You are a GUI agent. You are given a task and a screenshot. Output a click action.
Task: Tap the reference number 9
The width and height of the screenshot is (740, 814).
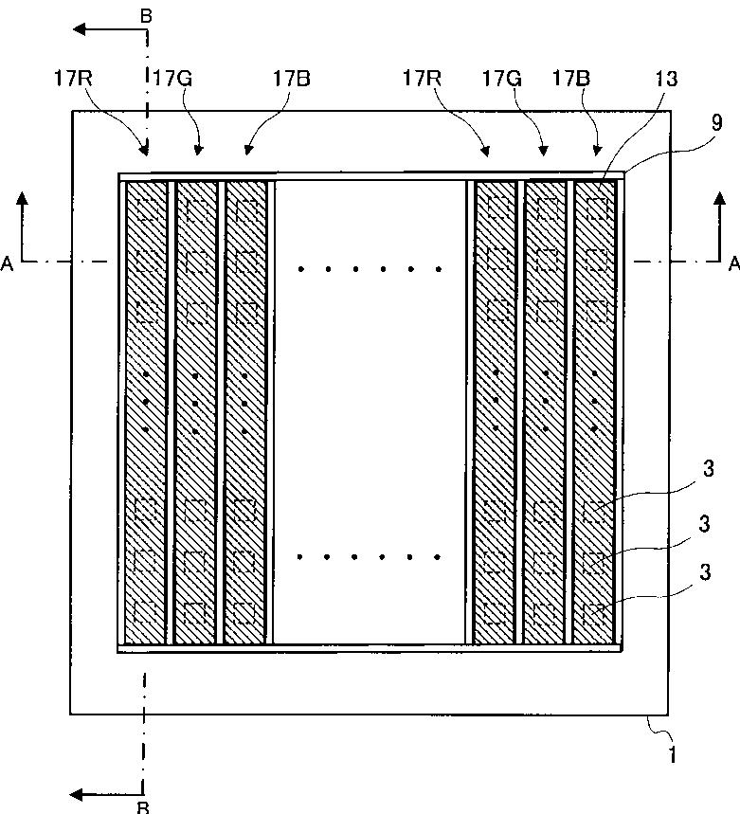click(716, 121)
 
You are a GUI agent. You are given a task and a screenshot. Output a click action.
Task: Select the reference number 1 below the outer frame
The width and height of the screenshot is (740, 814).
click(674, 755)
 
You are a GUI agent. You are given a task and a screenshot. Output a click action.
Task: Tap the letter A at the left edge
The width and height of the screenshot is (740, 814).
click(9, 266)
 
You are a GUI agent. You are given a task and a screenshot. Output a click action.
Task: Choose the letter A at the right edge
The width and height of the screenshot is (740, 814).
click(732, 266)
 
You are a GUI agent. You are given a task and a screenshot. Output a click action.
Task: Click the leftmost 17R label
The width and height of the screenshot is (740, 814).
click(72, 79)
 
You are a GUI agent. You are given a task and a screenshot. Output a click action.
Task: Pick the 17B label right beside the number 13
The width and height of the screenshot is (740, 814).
click(569, 79)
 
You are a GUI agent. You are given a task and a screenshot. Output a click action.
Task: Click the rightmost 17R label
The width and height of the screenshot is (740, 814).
click(424, 79)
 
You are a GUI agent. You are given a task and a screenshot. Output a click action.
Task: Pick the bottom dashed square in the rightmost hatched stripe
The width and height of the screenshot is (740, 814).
click(595, 616)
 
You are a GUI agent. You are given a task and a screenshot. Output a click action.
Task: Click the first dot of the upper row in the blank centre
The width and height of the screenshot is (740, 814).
click(300, 269)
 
